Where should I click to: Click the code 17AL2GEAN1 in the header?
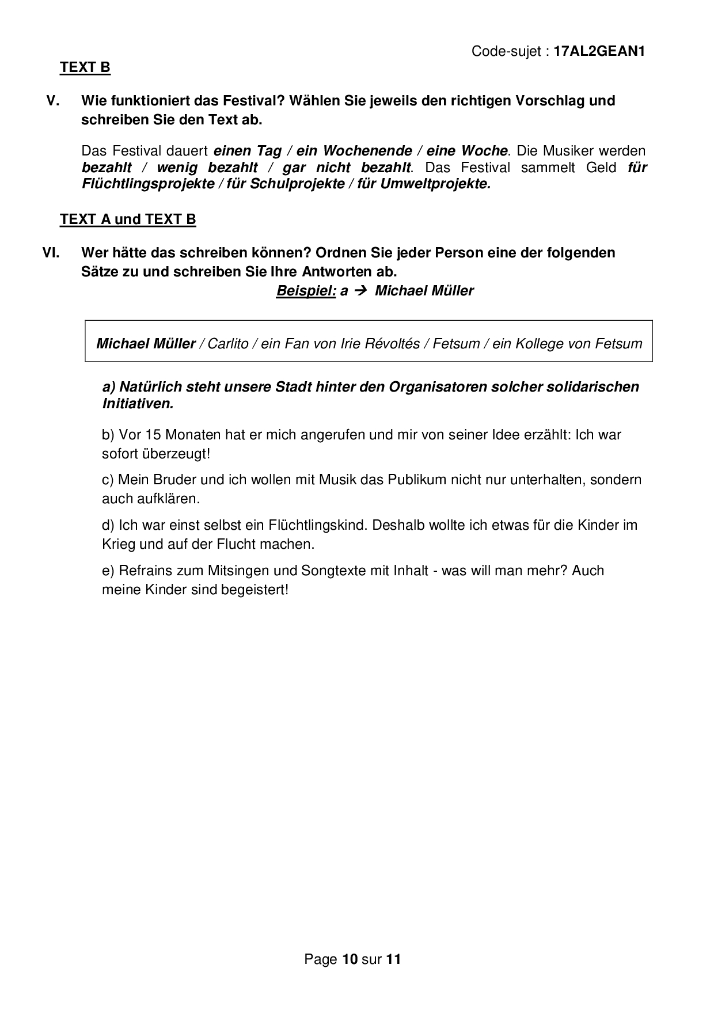pos(599,51)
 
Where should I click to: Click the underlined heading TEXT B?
pos(85,67)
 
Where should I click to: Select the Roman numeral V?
pos(53,101)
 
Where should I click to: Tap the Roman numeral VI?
pos(51,253)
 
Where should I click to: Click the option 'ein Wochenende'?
pos(354,151)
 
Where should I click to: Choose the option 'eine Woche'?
pos(467,151)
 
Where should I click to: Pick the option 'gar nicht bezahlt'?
pos(347,168)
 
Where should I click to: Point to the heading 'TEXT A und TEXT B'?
pos(128,219)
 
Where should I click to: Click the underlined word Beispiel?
pos(306,291)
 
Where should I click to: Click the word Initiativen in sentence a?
pos(138,404)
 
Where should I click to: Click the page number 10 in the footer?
pos(350,959)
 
